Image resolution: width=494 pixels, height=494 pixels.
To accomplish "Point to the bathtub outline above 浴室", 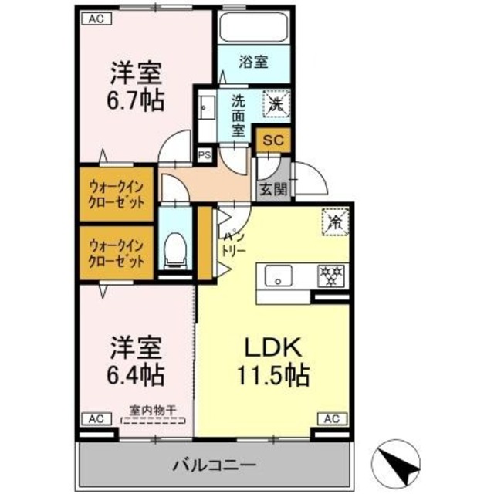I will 253,29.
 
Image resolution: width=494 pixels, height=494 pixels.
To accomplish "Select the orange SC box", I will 271,140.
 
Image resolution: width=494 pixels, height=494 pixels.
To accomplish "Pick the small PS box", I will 205,154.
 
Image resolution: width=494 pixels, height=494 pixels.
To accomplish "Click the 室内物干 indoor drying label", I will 154,411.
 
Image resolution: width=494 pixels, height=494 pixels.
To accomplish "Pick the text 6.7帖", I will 136,100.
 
